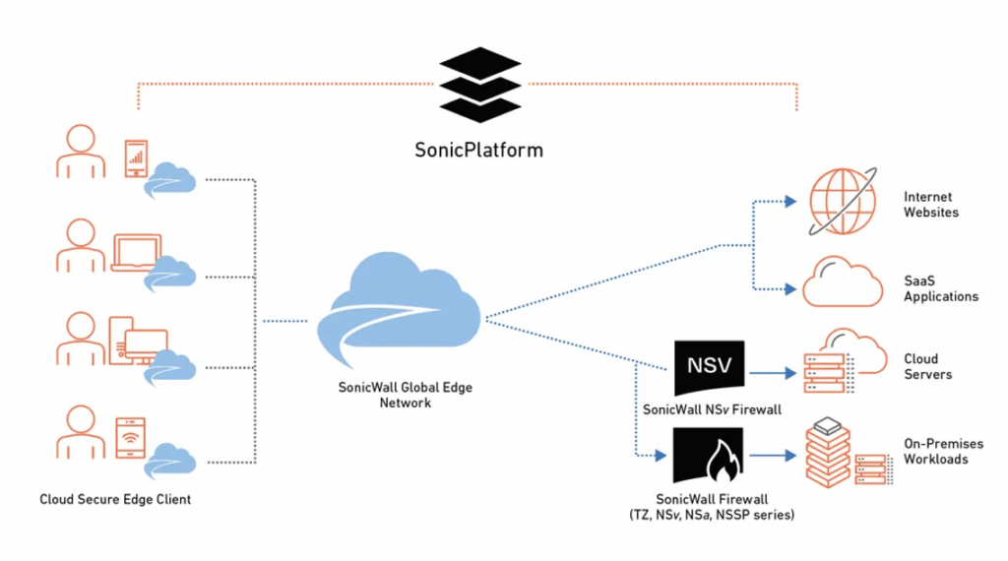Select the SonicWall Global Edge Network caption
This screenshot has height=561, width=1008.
click(x=399, y=395)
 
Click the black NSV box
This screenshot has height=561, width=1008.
click(x=709, y=368)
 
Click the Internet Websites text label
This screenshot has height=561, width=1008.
click(x=930, y=205)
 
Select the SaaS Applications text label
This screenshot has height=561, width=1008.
click(x=940, y=288)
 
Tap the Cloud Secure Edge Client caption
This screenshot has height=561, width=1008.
click(x=115, y=499)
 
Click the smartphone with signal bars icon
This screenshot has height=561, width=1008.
click(x=136, y=158)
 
